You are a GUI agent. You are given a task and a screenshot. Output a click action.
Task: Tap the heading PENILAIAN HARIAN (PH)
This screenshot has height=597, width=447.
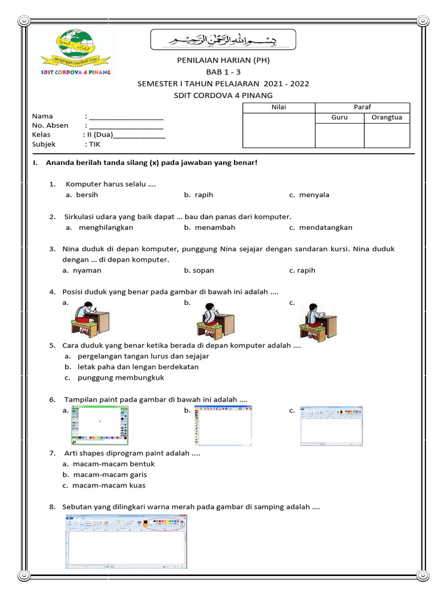click(x=223, y=60)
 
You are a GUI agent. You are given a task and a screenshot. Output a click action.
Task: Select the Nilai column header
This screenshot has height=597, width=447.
click(x=279, y=107)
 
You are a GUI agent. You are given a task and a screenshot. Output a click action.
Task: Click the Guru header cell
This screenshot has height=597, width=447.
click(x=339, y=117)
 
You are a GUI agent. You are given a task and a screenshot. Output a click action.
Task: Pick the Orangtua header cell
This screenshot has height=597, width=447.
click(x=387, y=117)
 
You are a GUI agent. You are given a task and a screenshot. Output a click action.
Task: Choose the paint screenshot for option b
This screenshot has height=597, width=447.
click(x=224, y=426)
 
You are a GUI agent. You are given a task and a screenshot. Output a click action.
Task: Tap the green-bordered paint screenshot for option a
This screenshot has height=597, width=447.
click(x=99, y=426)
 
